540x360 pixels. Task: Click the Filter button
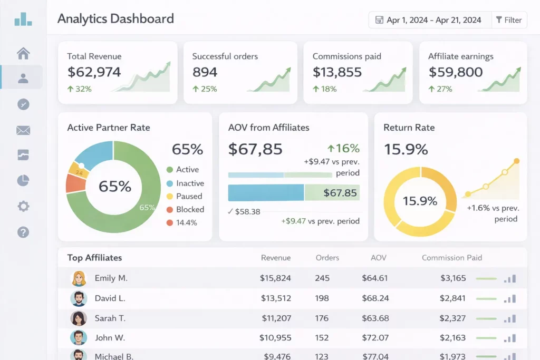[x=509, y=20]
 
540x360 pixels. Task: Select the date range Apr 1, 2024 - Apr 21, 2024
[x=428, y=20]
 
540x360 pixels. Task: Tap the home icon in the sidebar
[x=23, y=53]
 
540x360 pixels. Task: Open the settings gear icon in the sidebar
[x=23, y=206]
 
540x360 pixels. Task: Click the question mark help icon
[x=23, y=232]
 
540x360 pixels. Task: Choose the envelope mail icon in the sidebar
[x=23, y=130]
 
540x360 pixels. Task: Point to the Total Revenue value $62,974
[x=94, y=72]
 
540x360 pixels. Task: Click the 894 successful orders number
[x=205, y=72]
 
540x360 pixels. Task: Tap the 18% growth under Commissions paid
[x=325, y=89]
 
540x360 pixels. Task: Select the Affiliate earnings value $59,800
[x=455, y=72]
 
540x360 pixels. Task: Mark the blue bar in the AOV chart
[x=266, y=193]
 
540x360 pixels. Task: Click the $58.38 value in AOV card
[x=247, y=211]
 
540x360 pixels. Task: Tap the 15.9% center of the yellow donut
[x=420, y=201]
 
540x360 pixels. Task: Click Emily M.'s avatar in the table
[x=79, y=278]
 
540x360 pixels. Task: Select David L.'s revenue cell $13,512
[x=276, y=298]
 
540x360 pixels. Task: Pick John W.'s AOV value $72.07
[x=375, y=337]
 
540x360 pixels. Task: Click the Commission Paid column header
[x=451, y=258]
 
